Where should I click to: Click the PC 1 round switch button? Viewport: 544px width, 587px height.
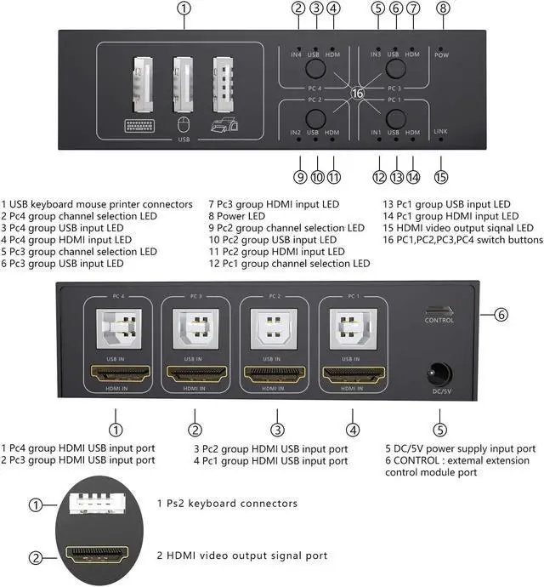(x=395, y=117)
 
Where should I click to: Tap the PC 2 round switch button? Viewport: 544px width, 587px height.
(x=314, y=117)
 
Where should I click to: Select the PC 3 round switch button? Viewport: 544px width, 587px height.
(x=395, y=70)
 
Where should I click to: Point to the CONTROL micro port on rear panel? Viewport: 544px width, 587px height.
(x=439, y=311)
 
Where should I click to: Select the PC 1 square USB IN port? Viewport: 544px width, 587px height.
(x=351, y=329)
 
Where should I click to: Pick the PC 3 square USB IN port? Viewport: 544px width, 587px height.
(x=195, y=329)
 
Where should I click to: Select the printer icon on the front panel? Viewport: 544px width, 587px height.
(x=224, y=126)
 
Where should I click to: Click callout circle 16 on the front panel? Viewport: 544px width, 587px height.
(x=357, y=93)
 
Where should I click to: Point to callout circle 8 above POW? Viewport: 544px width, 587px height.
(x=443, y=9)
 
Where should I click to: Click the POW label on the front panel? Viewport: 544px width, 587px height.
(x=441, y=54)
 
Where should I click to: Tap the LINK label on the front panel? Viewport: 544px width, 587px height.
(x=440, y=132)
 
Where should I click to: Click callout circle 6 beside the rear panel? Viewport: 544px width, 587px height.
(x=501, y=315)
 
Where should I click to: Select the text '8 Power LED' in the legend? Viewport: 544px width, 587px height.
(x=237, y=216)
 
